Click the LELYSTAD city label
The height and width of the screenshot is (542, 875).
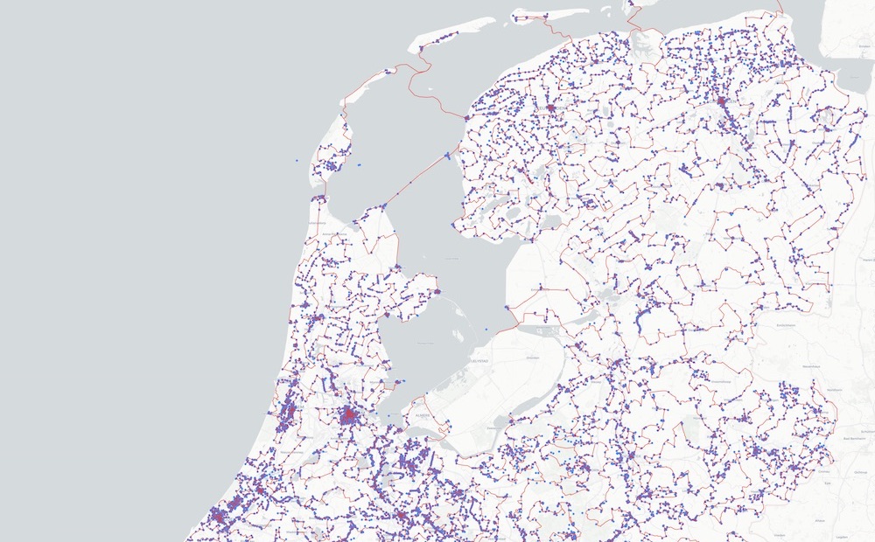click(x=479, y=359)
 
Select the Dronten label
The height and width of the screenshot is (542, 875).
click(x=532, y=358)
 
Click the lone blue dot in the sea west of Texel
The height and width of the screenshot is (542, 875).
click(x=297, y=161)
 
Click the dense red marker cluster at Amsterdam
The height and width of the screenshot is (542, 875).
click(x=349, y=415)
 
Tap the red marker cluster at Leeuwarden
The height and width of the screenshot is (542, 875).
click(x=552, y=109)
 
